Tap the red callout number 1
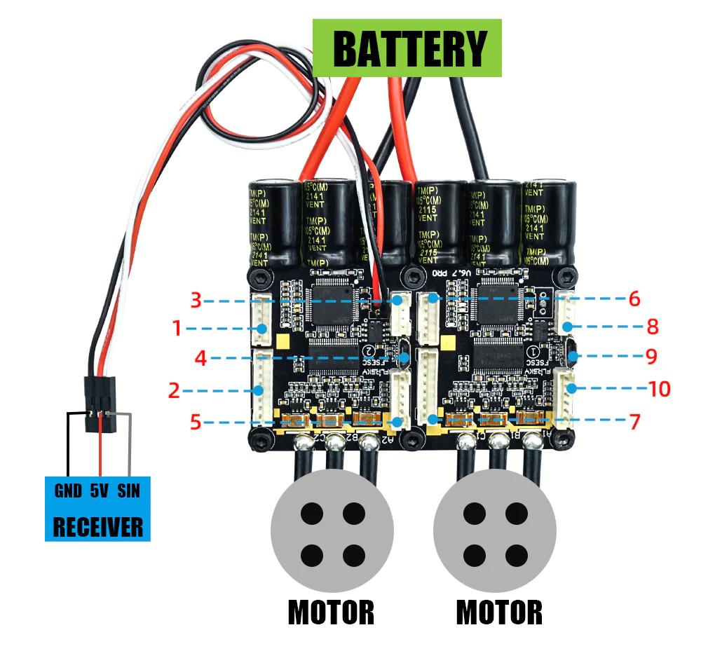coord(177,327)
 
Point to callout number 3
coord(196,301)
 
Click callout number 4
coord(201,358)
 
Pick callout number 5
coord(196,422)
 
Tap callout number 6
coord(634,299)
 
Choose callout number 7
coord(634,422)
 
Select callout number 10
coord(659,389)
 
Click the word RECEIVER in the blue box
coord(98,526)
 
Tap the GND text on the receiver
coord(68,491)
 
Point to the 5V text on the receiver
coord(99,491)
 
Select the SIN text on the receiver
coord(128,491)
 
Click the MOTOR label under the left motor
coord(331,612)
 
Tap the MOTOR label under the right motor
coord(499,612)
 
